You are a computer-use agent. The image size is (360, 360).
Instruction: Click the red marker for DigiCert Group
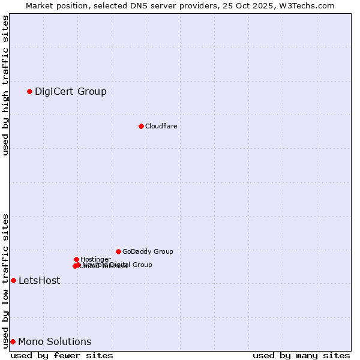click(29, 91)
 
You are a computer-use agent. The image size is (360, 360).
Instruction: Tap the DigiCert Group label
click(70, 91)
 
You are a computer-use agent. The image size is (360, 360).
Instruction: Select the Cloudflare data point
click(141, 126)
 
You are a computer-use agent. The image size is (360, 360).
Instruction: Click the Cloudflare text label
click(161, 126)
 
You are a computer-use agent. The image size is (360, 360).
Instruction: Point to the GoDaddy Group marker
click(118, 251)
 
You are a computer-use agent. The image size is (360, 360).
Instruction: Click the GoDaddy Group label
click(148, 251)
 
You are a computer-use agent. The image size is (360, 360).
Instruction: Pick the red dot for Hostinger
click(76, 259)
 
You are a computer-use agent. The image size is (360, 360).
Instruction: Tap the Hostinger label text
click(95, 259)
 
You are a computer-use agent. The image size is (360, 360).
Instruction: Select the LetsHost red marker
click(13, 280)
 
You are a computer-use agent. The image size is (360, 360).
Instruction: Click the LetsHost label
click(39, 280)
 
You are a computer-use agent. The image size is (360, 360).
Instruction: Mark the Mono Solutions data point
click(13, 341)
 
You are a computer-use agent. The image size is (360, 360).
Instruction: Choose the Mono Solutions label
click(55, 341)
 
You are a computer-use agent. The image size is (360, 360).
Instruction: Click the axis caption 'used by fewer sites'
click(62, 355)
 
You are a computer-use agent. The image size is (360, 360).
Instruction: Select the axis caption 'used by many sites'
click(301, 355)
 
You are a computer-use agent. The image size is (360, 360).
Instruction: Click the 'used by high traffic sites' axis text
click(5, 85)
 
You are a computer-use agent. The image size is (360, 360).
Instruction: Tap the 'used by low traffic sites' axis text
click(5, 281)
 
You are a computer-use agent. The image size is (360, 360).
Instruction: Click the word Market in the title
click(39, 5)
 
